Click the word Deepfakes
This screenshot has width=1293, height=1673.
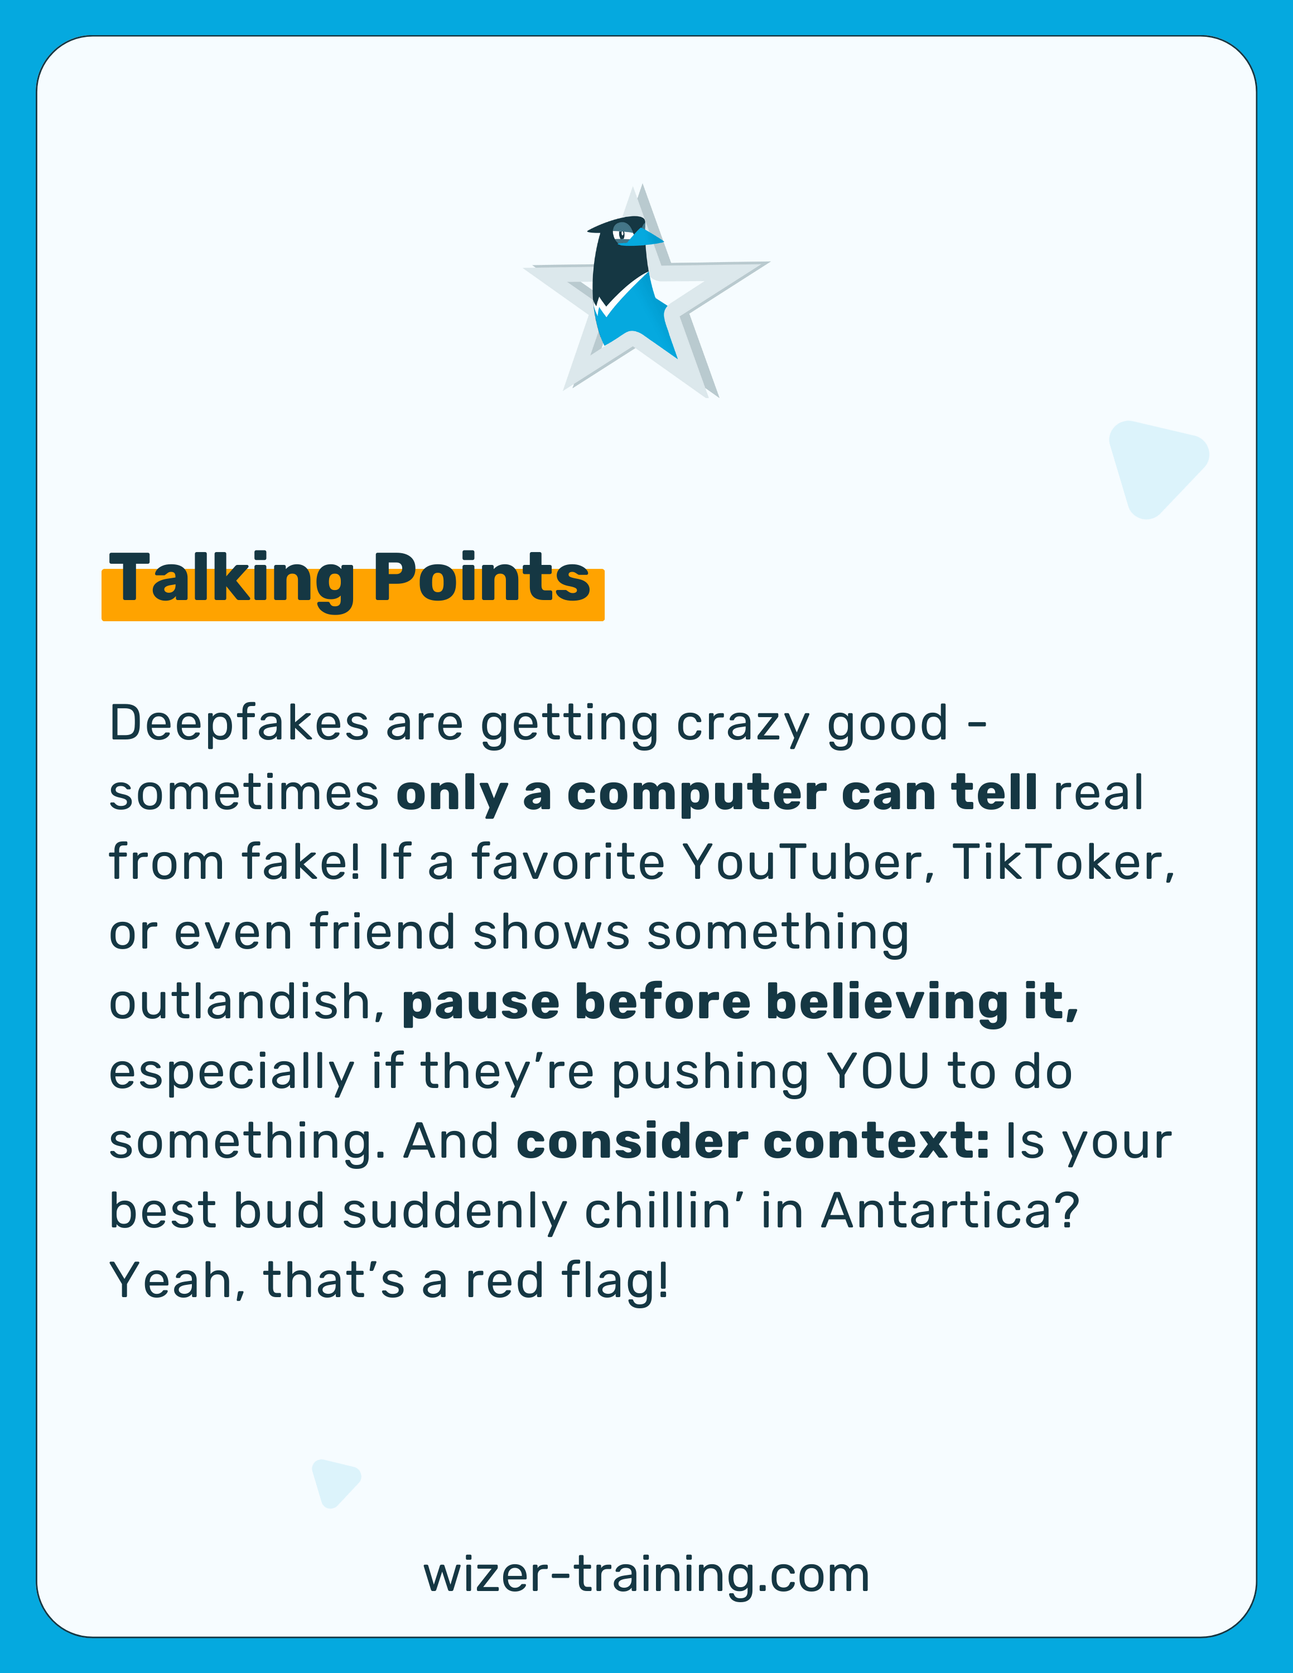click(x=239, y=724)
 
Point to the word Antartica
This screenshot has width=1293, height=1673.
click(x=949, y=1211)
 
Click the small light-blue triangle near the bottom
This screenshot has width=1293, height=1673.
click(x=334, y=1482)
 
